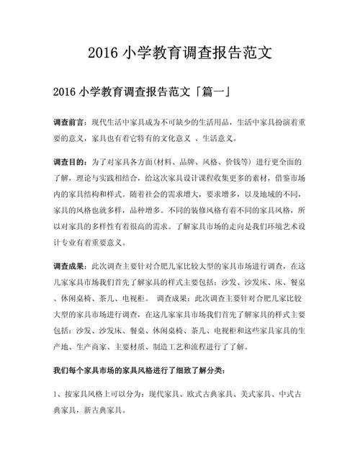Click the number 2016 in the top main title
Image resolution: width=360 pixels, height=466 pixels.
pyautogui.click(x=106, y=54)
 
